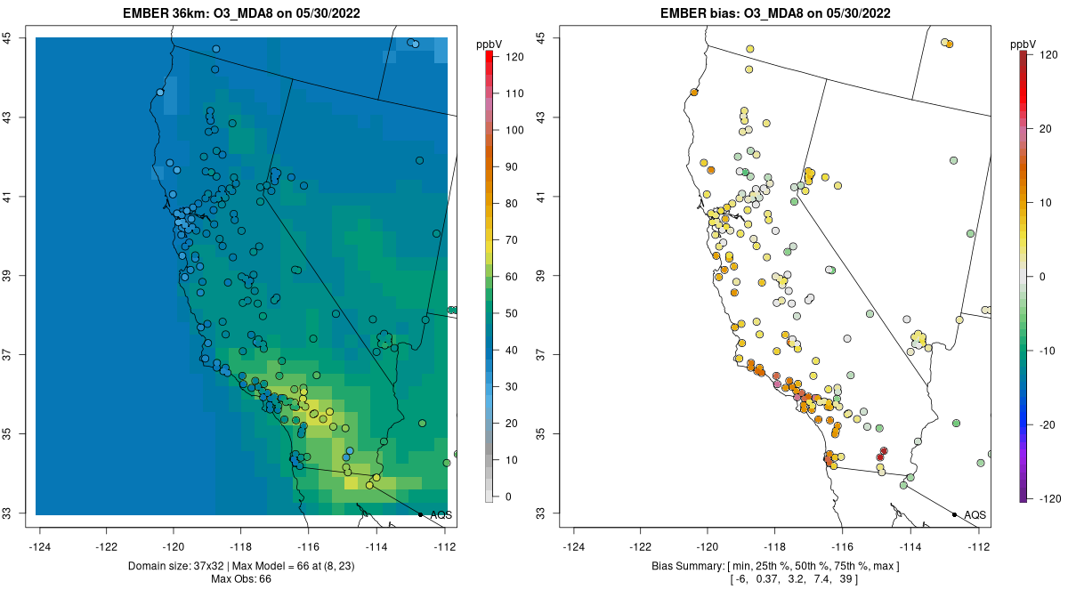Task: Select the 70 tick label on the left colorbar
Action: [513, 240]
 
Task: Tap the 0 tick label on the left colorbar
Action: [509, 497]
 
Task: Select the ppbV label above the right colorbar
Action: [1025, 44]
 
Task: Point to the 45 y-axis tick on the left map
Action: [17, 37]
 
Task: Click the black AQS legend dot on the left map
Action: [420, 514]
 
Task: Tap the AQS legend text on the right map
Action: [975, 515]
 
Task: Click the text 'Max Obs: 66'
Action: [241, 579]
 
